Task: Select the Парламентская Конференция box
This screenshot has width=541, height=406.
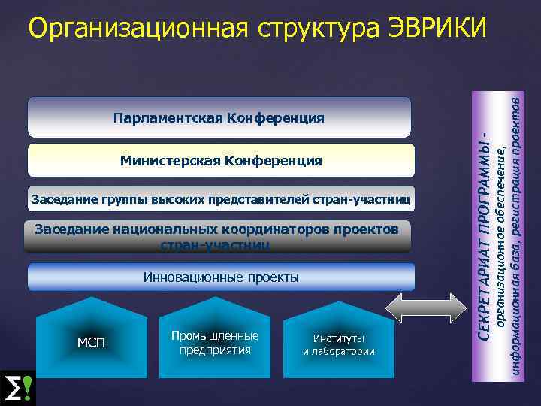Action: point(219,118)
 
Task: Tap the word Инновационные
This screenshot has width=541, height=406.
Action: point(192,277)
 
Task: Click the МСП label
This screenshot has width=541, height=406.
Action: point(92,344)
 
